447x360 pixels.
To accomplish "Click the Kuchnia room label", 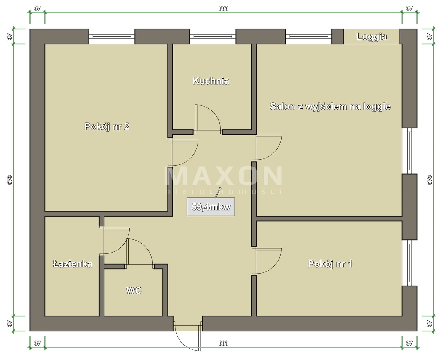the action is click(211, 81).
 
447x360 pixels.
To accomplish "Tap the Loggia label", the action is click(372, 37).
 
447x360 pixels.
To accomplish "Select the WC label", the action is click(134, 290).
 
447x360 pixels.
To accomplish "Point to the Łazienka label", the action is click(72, 264).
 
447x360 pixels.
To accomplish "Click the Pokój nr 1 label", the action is click(330, 264).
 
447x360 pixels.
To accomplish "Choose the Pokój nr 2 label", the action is click(107, 126).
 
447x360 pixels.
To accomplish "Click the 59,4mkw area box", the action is click(211, 207).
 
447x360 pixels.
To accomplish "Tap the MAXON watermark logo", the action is click(223, 180).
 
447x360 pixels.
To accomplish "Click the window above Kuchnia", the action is click(213, 36).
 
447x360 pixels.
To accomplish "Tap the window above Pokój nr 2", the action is click(112, 36).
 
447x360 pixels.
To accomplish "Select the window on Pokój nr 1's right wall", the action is click(409, 263).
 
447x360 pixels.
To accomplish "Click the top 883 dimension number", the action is click(223, 8).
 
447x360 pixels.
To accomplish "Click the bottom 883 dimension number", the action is click(223, 343).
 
